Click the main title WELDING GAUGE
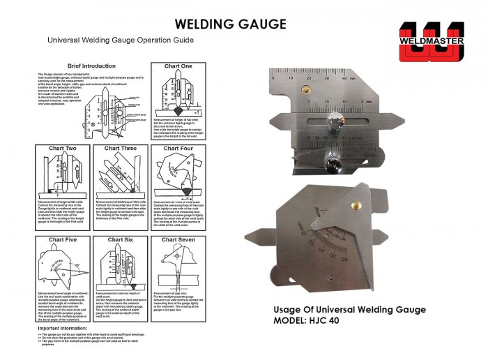pyautogui.click(x=230, y=24)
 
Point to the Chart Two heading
pyautogui.click(x=63, y=149)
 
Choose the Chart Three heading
pyautogui.click(x=121, y=149)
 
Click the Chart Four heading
pyautogui.click(x=178, y=149)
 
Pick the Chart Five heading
pyautogui.click(x=63, y=240)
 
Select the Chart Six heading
pyautogui.click(x=121, y=240)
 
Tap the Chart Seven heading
pyautogui.click(x=178, y=240)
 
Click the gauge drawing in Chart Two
pyautogui.click(x=63, y=174)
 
